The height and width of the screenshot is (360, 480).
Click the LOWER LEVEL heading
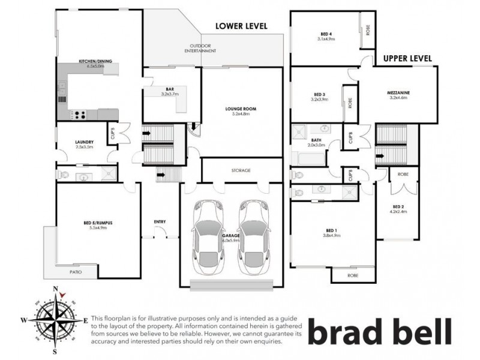tap(241, 26)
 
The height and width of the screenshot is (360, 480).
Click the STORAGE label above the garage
tap(241, 170)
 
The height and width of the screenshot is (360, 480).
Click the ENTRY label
tap(160, 222)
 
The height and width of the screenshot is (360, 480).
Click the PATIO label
tap(74, 272)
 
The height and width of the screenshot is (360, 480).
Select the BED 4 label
tap(326, 34)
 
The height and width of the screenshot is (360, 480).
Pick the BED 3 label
tap(319, 94)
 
